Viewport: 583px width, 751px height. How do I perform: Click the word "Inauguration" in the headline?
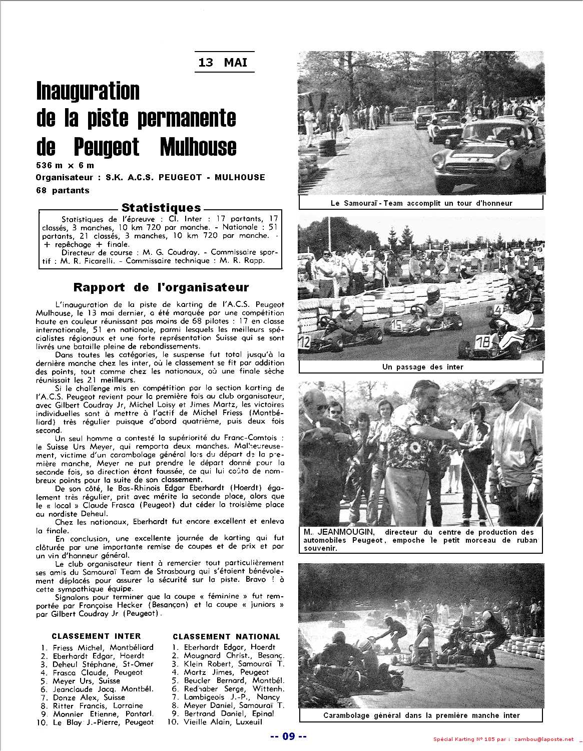[x=88, y=91]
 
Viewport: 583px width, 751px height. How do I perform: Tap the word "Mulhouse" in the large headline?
[x=198, y=147]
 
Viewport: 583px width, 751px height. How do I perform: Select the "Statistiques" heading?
[x=161, y=208]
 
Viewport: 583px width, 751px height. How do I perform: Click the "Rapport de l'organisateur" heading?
[x=161, y=287]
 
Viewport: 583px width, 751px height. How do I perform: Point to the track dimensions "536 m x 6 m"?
[x=65, y=165]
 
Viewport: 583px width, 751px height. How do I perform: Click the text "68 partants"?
[x=63, y=190]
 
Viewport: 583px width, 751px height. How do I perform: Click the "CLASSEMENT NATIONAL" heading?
[x=226, y=636]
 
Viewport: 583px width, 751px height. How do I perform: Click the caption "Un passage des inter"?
[x=422, y=367]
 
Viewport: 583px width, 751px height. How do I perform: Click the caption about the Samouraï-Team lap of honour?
[x=421, y=203]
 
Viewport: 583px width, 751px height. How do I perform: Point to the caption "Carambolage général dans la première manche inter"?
[x=421, y=715]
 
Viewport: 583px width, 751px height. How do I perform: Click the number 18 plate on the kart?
[x=483, y=342]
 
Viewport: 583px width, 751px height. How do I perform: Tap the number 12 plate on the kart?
[x=304, y=343]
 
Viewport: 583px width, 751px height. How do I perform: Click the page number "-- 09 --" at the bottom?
[x=288, y=736]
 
